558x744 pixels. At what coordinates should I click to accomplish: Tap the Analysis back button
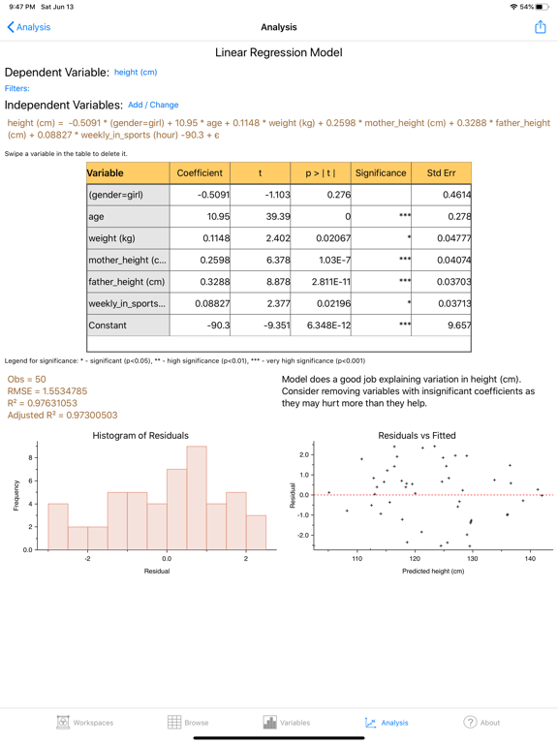click(x=29, y=27)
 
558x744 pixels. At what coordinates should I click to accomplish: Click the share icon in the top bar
click(x=540, y=27)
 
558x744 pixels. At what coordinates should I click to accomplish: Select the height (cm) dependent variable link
click(x=135, y=73)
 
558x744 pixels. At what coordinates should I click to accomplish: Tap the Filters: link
click(x=17, y=88)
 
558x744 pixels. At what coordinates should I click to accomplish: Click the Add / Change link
click(x=153, y=105)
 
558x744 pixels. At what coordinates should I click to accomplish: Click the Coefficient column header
click(x=200, y=172)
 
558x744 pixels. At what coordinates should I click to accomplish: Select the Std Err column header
click(x=441, y=172)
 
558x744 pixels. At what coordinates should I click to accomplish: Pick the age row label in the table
click(x=95, y=217)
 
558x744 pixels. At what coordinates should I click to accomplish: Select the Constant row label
click(x=108, y=325)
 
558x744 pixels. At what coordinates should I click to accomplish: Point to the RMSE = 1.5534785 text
click(x=47, y=391)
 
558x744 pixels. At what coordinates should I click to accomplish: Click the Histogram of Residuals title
click(x=140, y=436)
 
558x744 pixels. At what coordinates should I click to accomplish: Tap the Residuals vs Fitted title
click(x=417, y=436)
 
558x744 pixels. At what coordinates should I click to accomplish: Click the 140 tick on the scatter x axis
click(x=530, y=558)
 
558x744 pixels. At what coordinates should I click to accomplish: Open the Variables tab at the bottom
click(x=286, y=722)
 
